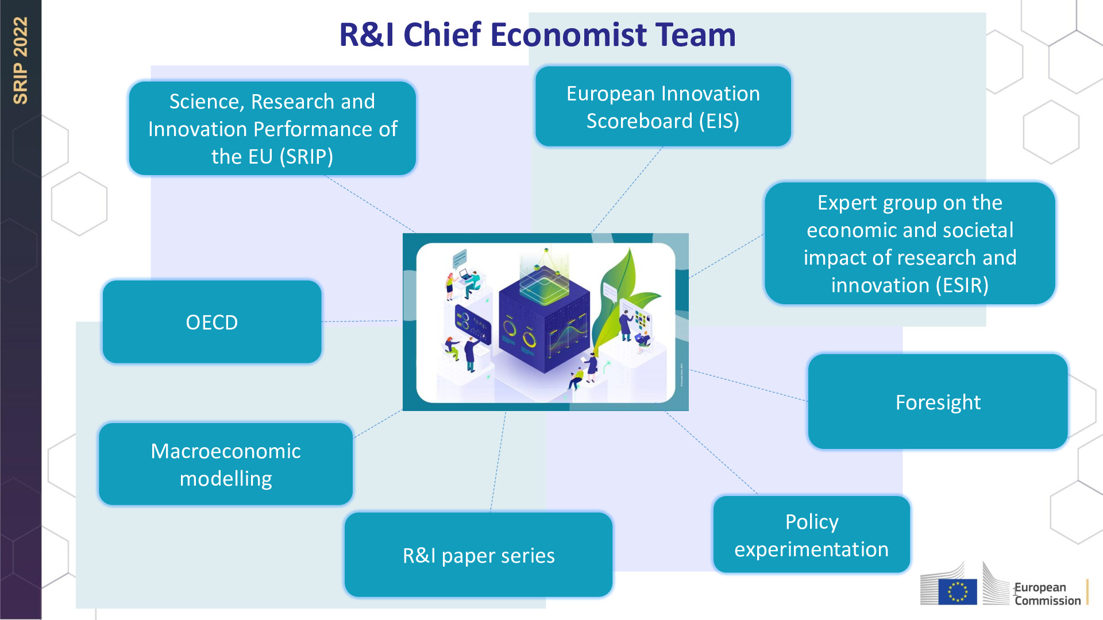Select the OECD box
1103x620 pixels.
[212, 322]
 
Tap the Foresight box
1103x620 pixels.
[938, 402]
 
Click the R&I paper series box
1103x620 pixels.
[479, 555]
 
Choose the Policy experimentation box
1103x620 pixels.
[811, 535]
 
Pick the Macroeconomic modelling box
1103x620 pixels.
[226, 464]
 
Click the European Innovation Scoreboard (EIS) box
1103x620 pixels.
[663, 107]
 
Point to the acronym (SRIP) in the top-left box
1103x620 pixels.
[306, 157]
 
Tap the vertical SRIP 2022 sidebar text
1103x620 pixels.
[21, 60]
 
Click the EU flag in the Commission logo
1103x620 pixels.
[958, 592]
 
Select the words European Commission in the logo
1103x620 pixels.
[1047, 594]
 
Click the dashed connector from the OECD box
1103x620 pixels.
[359, 321]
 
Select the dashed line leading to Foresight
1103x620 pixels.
[747, 385]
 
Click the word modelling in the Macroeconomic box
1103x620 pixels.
[226, 479]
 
